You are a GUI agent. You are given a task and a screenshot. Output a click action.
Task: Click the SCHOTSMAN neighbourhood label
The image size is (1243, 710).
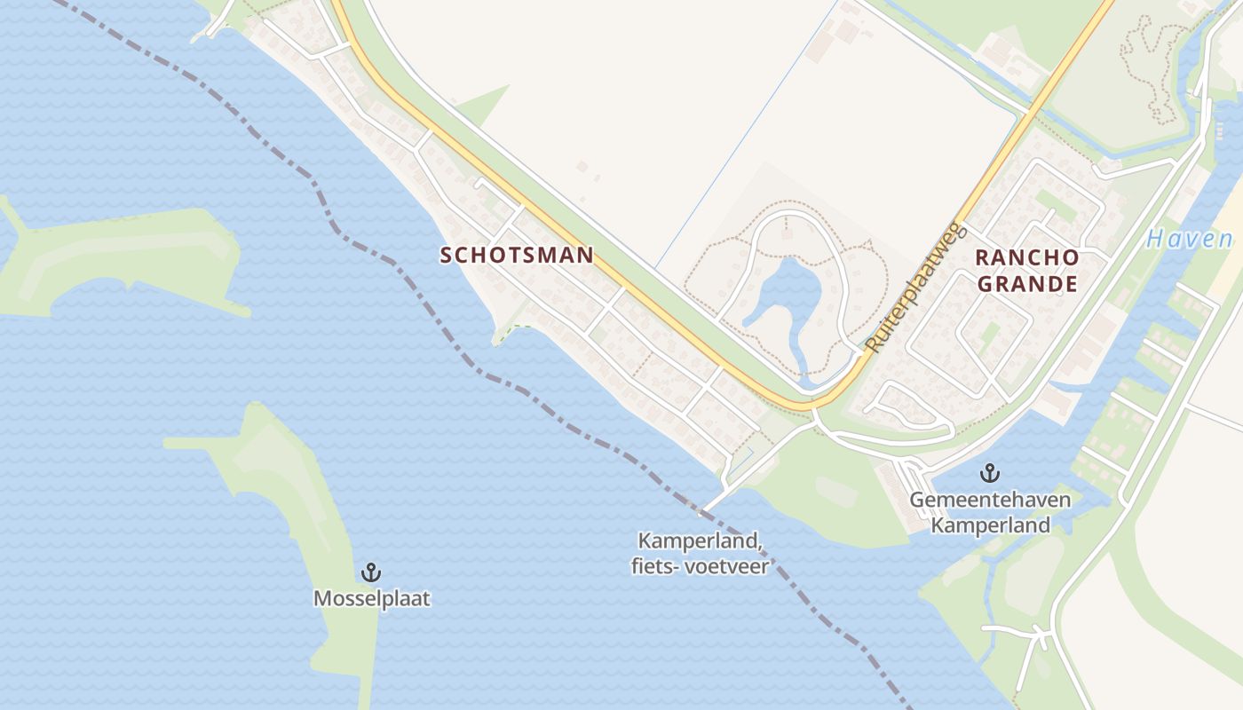(517, 256)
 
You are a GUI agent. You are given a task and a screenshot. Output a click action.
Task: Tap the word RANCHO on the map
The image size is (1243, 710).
(1027, 258)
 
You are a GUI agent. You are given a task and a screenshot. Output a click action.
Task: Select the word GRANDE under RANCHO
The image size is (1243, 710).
(1027, 284)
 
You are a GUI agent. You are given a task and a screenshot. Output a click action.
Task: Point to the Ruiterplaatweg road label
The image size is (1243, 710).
(914, 287)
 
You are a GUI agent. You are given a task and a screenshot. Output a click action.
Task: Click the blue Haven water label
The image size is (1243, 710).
(1189, 239)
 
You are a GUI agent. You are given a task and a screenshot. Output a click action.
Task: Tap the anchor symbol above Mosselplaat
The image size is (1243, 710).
(370, 572)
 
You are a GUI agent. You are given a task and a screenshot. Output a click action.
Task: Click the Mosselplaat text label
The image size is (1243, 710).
(371, 599)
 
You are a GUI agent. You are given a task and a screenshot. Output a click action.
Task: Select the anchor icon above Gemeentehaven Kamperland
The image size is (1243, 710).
(988, 473)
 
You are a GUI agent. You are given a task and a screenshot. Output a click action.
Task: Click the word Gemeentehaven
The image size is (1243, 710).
(990, 500)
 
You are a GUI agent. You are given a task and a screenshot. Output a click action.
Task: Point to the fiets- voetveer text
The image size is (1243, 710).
(701, 565)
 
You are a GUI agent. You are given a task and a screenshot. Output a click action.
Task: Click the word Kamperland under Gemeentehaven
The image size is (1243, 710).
(990, 525)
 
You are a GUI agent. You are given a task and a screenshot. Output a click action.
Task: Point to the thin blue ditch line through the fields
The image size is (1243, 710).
(746, 133)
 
